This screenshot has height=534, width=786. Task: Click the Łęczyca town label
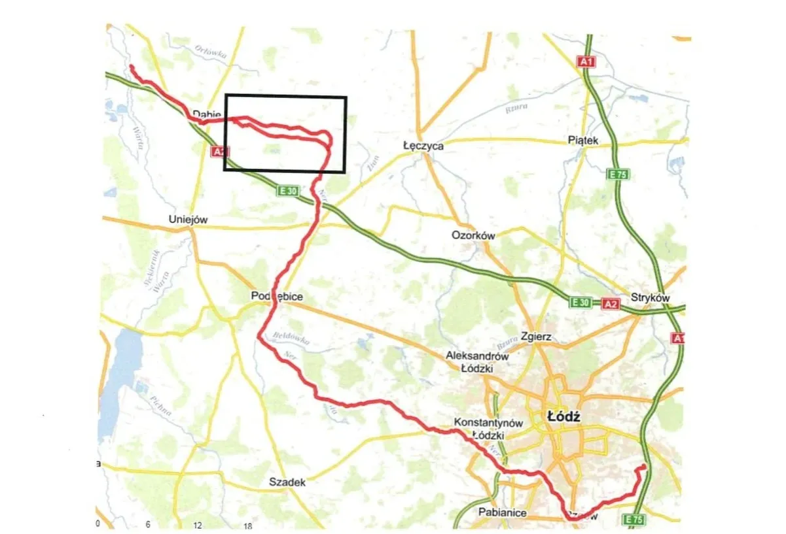click(x=423, y=146)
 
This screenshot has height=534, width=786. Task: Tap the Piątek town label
click(x=584, y=141)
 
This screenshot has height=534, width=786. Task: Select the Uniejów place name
click(x=188, y=220)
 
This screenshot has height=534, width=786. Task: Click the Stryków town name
click(x=651, y=297)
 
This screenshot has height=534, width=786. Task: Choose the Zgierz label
click(x=537, y=337)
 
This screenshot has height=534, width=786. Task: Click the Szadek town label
click(x=287, y=482)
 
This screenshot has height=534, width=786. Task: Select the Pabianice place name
click(x=502, y=512)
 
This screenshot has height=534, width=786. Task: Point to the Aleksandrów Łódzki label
click(x=477, y=362)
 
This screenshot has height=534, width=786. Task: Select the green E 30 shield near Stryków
click(x=581, y=302)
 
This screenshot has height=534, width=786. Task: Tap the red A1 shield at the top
click(x=587, y=61)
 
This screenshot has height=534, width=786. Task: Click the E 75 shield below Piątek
click(x=618, y=175)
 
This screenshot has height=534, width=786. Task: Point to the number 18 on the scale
click(x=247, y=526)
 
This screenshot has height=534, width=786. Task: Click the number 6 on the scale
click(x=148, y=525)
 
